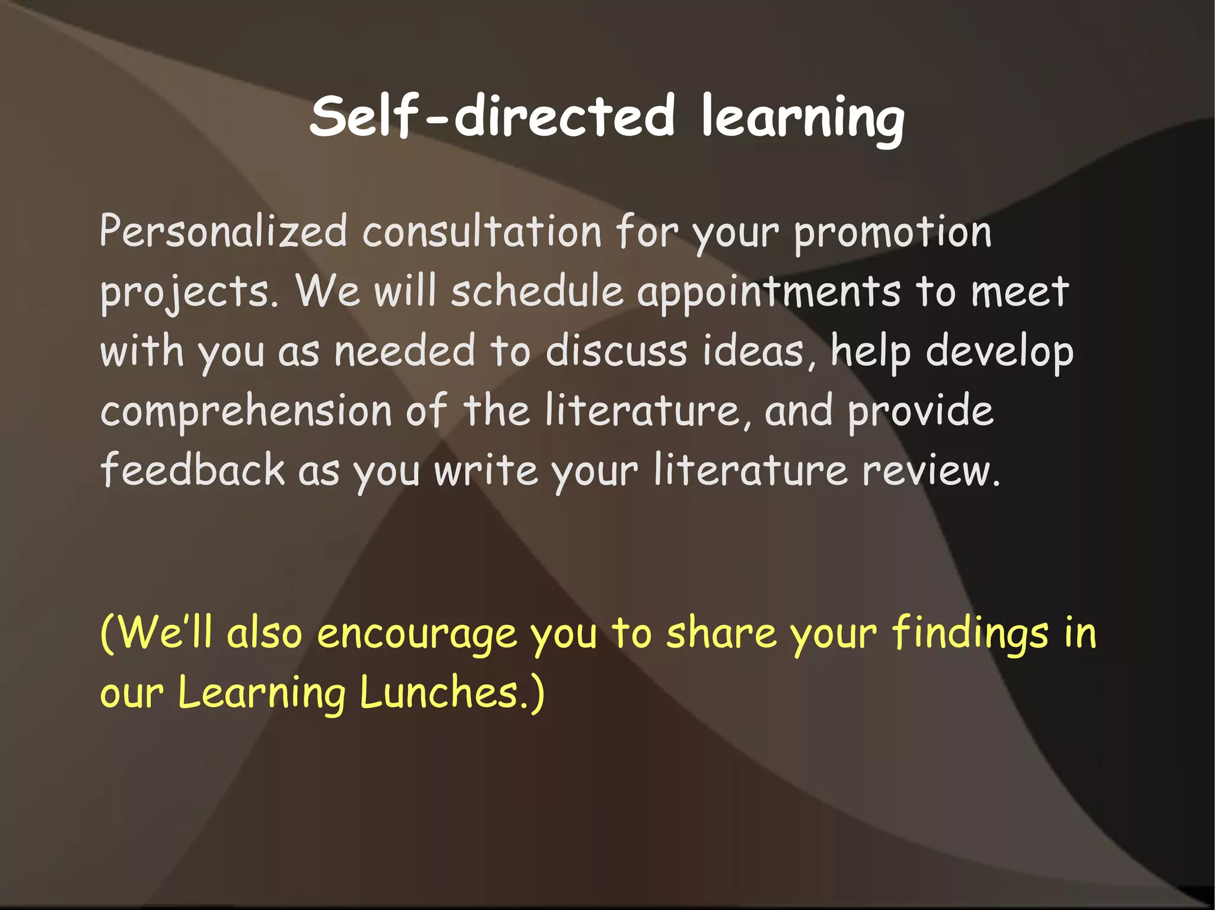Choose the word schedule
(537, 292)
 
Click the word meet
(1020, 292)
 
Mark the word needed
(405, 351)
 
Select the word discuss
(616, 351)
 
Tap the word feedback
(193, 470)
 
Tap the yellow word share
(721, 633)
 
